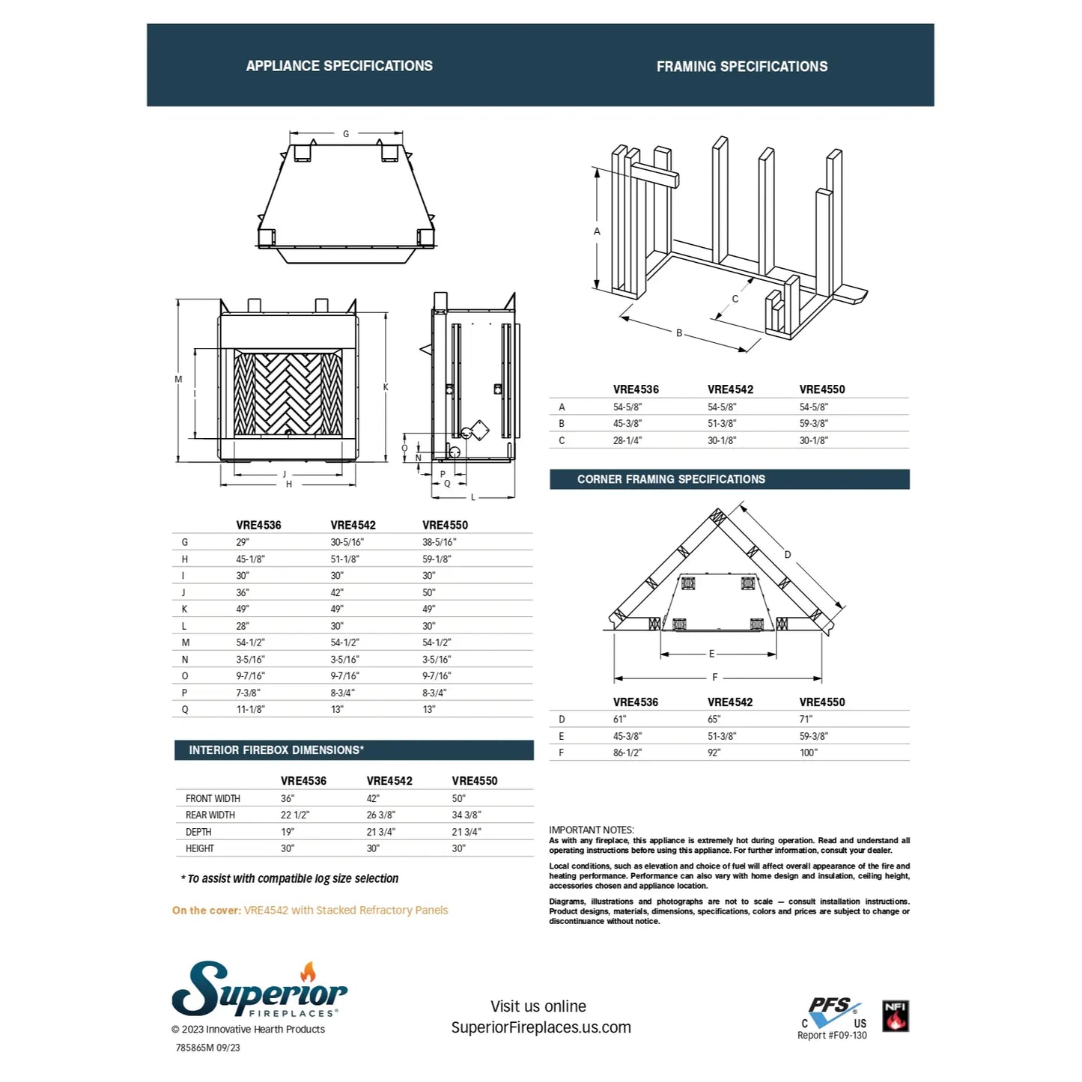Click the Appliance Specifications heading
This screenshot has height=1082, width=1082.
(x=339, y=66)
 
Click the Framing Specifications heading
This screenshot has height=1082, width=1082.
(x=742, y=67)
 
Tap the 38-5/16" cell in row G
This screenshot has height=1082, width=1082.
(x=439, y=542)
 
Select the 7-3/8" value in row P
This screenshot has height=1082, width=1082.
(x=249, y=693)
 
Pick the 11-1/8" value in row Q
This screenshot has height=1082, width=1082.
(x=251, y=709)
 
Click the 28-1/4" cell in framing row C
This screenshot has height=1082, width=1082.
(x=627, y=440)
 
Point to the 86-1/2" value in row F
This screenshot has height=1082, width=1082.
(x=627, y=753)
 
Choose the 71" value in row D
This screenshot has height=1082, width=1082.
(x=806, y=719)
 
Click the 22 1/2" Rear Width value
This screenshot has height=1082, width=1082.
(x=295, y=815)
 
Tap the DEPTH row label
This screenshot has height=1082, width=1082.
(x=198, y=832)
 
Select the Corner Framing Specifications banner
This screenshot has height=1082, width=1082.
(x=671, y=479)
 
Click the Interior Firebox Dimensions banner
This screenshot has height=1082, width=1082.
(x=276, y=750)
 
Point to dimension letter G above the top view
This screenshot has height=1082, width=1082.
(x=346, y=134)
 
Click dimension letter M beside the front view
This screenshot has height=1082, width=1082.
(x=178, y=380)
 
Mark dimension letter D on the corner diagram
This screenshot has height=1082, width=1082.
(x=788, y=555)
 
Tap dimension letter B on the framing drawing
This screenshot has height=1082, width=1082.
(x=679, y=333)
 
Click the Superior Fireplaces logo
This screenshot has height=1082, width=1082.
(x=259, y=990)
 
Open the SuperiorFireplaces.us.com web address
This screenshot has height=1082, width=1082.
(x=541, y=1027)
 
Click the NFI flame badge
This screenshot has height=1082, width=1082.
(x=896, y=1016)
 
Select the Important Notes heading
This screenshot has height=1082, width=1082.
(x=592, y=830)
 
